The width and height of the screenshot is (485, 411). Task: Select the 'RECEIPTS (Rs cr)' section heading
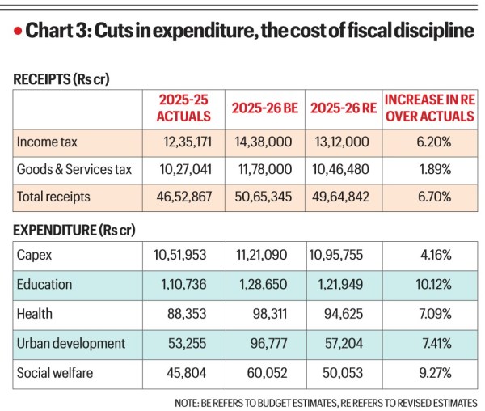[x=61, y=78]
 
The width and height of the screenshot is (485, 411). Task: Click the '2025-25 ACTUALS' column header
[x=183, y=108]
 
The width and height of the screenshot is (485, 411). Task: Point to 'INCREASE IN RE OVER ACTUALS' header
[x=428, y=108]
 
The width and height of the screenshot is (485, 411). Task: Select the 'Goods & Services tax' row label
[x=74, y=169]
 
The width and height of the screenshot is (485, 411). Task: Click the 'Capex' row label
[x=35, y=256]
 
